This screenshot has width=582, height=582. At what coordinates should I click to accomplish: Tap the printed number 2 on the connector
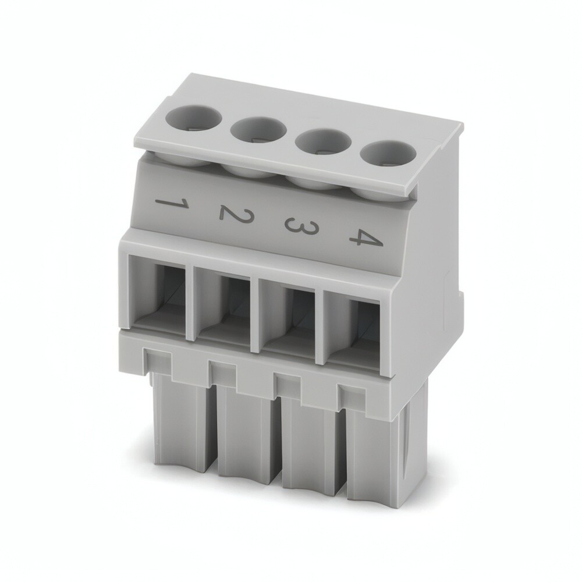tap(235, 215)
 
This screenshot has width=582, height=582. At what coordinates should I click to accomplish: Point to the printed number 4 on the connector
tap(365, 238)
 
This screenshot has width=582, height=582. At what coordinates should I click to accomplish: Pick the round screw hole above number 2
tap(258, 130)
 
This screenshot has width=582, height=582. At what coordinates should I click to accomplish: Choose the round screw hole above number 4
tap(388, 153)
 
